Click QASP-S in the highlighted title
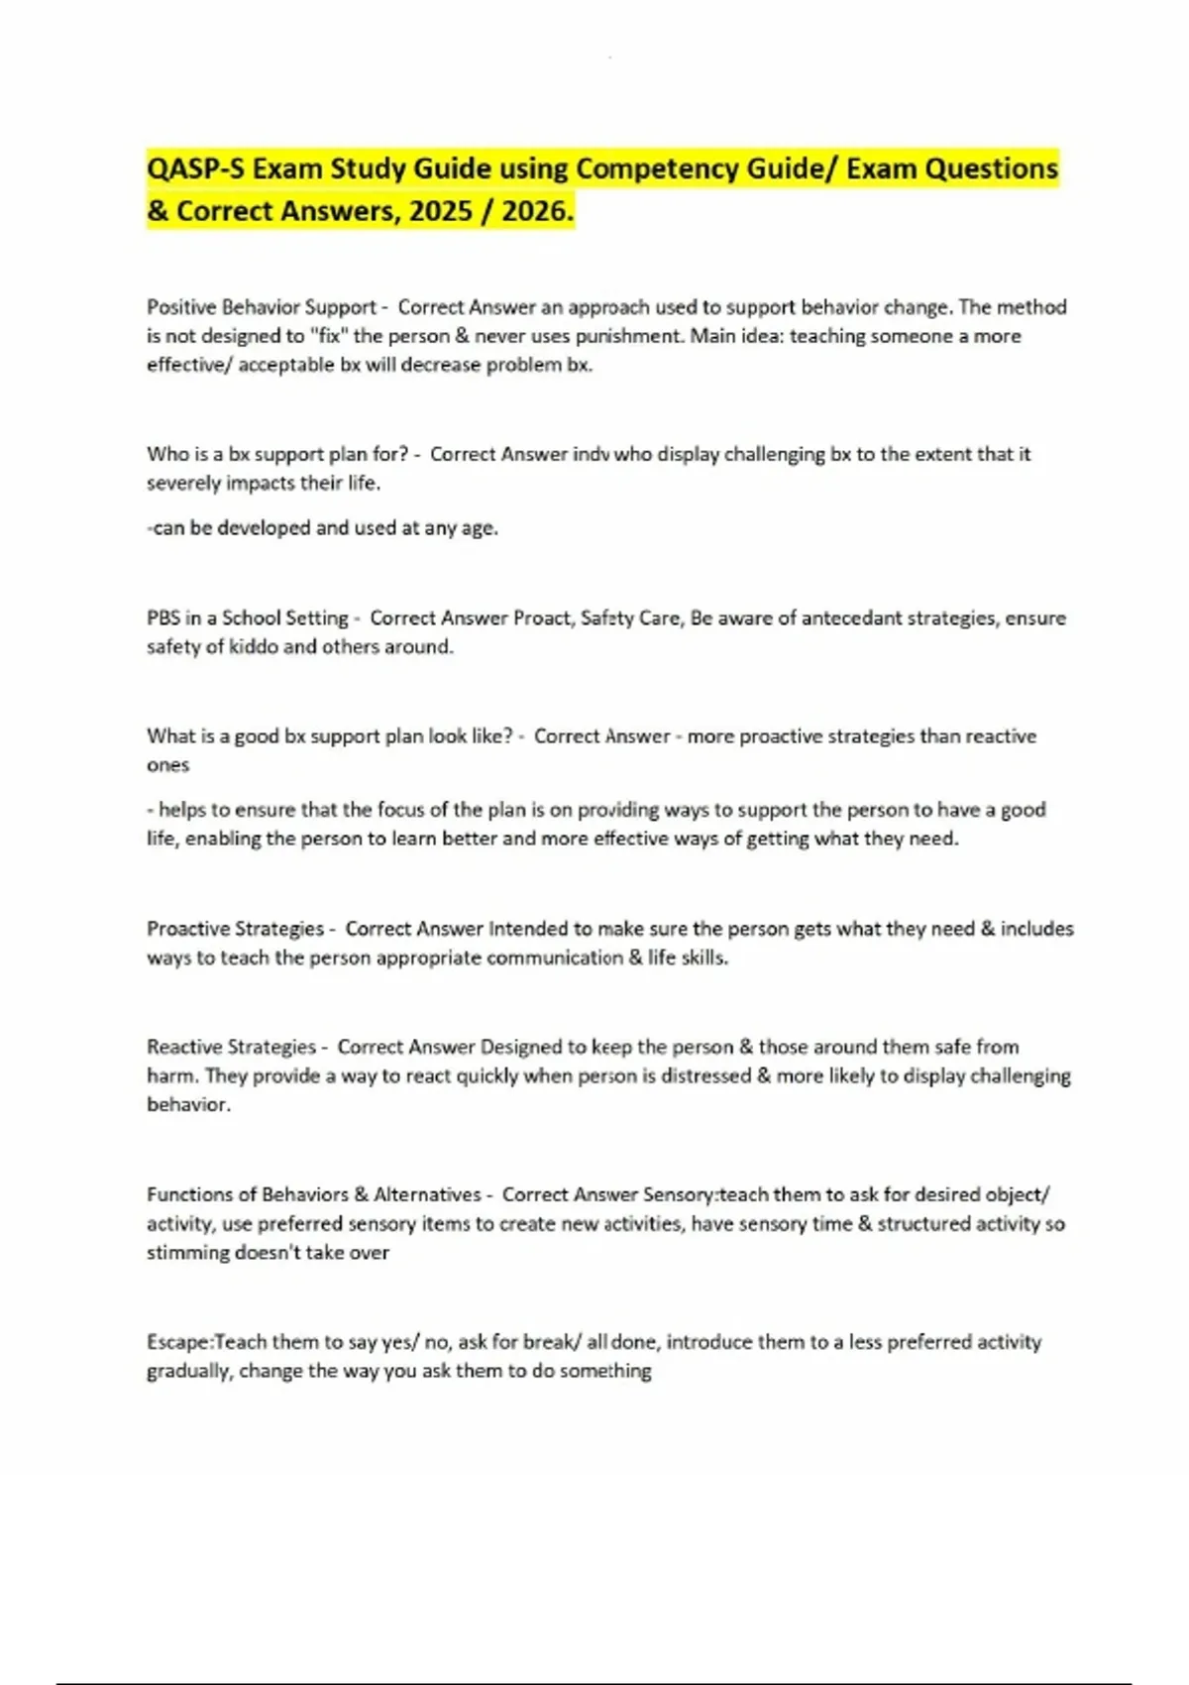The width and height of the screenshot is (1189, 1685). coord(195,168)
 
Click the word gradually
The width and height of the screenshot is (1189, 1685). coord(189,1371)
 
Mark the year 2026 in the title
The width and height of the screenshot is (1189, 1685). coord(537,211)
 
